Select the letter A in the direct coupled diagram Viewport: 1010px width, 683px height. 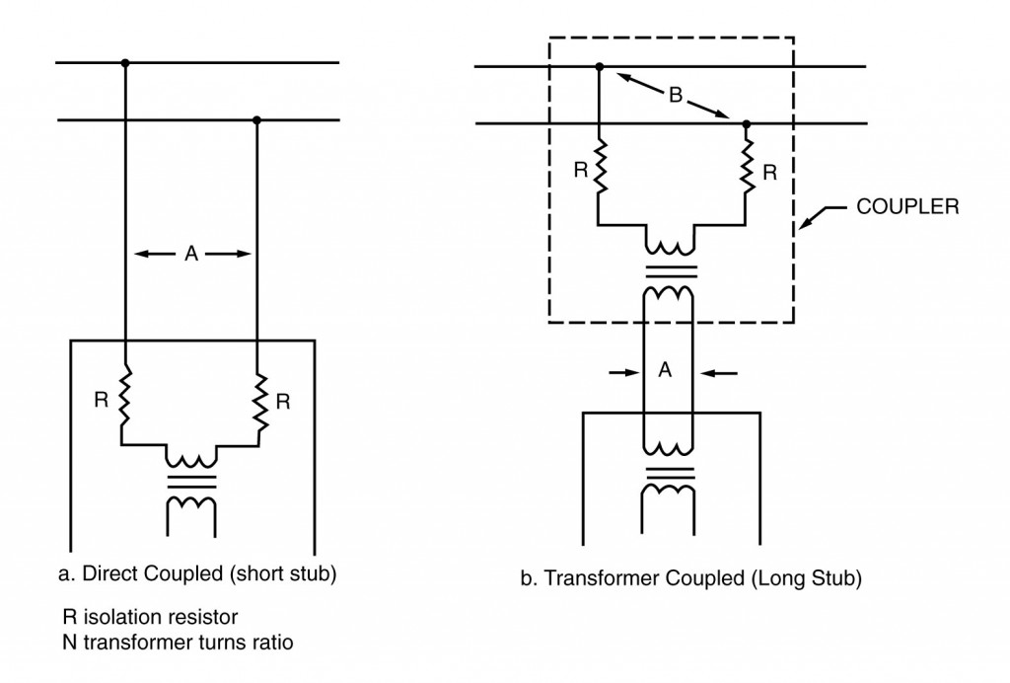point(191,254)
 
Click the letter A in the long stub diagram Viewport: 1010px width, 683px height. point(665,372)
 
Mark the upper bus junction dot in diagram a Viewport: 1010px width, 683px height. point(124,63)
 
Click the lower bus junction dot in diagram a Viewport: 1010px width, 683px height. point(256,120)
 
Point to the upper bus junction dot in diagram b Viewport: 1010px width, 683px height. point(600,67)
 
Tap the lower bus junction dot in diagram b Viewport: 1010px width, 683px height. point(746,123)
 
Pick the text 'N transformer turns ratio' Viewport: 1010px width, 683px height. point(178,642)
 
